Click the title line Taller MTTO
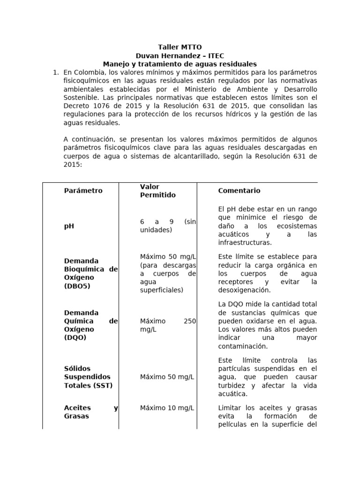tap(180, 47)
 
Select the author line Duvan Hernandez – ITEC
tap(180, 55)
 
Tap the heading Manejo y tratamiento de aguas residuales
tap(180, 64)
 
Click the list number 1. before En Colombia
tap(55, 72)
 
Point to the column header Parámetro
tap(83, 191)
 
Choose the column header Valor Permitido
tap(158, 191)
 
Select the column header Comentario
tap(239, 191)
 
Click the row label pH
tap(69, 226)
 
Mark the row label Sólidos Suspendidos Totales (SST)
tap(88, 377)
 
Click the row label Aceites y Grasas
tap(90, 412)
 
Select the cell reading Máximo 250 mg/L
tap(168, 325)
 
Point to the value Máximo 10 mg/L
tap(167, 408)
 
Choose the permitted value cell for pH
tap(168, 226)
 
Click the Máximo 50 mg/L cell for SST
tap(167, 377)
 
